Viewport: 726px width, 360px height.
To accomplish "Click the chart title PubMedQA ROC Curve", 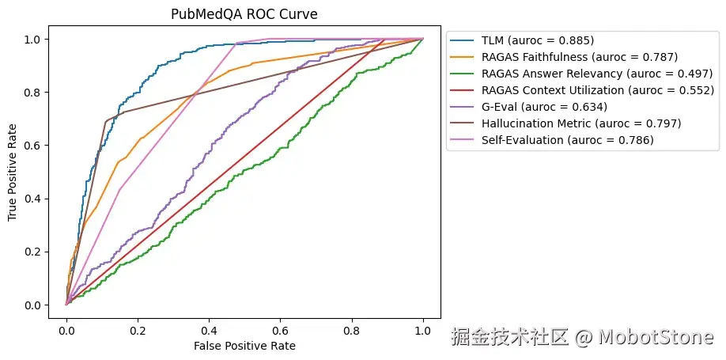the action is pyautogui.click(x=244, y=14).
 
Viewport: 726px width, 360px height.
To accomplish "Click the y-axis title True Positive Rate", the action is pyautogui.click(x=13, y=172).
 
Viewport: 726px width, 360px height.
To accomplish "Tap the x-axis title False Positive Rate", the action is pyautogui.click(x=244, y=346).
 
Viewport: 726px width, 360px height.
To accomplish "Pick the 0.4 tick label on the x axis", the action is pyautogui.click(x=210, y=331).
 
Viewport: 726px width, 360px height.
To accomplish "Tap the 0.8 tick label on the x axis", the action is pyautogui.click(x=352, y=331).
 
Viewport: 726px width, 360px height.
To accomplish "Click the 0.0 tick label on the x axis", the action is pyautogui.click(x=66, y=331).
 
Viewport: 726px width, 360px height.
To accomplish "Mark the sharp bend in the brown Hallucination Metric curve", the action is pyautogui.click(x=106, y=122).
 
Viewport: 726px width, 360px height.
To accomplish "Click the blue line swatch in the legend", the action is pyautogui.click(x=463, y=41).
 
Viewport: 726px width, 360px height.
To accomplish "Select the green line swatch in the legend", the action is pyautogui.click(x=463, y=74).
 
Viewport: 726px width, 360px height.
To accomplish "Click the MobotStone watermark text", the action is pyautogui.click(x=656, y=337).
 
